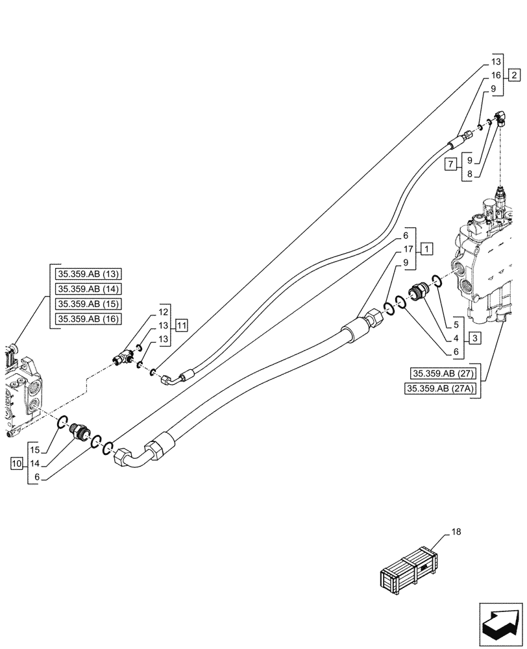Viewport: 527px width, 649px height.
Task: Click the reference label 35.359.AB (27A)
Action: tap(439, 388)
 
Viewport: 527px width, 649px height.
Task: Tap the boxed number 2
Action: tap(513, 75)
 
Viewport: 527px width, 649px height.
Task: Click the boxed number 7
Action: tap(450, 165)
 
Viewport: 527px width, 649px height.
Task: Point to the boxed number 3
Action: tap(476, 337)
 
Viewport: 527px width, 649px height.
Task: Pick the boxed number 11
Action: tap(181, 324)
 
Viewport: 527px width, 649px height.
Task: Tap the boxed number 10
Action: tap(17, 463)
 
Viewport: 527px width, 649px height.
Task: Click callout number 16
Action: tap(495, 75)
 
